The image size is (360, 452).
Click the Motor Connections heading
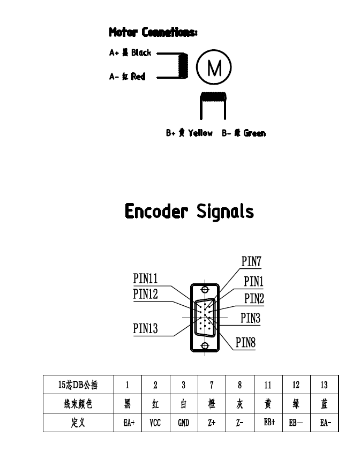tap(153, 33)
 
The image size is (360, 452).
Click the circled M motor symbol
tap(214, 69)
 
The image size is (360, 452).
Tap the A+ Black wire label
tap(130, 53)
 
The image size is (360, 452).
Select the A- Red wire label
tap(127, 77)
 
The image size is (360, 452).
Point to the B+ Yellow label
tap(189, 133)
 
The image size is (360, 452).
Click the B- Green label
tap(244, 133)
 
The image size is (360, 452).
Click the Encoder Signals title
tap(189, 212)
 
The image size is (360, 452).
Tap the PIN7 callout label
tap(251, 262)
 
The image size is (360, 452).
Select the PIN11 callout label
tap(145, 278)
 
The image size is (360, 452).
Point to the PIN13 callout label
tap(145, 328)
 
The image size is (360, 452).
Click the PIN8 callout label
tap(245, 343)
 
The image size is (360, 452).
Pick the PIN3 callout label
tap(250, 318)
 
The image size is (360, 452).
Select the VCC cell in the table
tap(155, 423)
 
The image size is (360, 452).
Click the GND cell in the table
tap(183, 423)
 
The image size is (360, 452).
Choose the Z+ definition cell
tap(212, 423)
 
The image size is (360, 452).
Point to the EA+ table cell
tap(127, 423)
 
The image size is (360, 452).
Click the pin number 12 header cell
tap(296, 385)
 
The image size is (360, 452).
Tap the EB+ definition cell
tap(268, 423)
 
